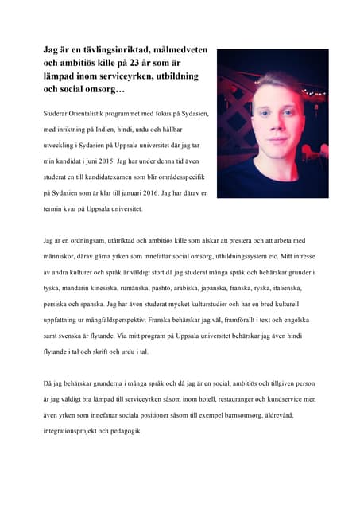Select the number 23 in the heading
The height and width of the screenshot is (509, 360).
tap(149, 63)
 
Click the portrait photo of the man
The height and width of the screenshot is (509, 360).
tap(272, 123)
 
